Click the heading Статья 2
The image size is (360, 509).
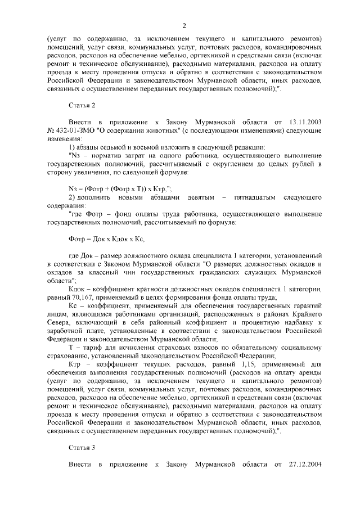pos(81,105)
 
